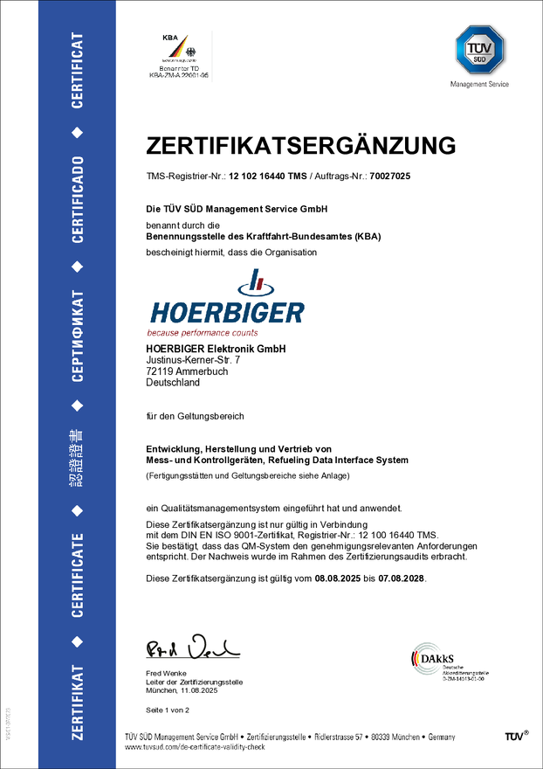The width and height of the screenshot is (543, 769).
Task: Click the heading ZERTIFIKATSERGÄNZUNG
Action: pyautogui.click(x=300, y=144)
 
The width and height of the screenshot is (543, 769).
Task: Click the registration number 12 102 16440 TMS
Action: pyautogui.click(x=267, y=177)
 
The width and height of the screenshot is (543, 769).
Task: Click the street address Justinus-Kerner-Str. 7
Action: pyautogui.click(x=193, y=360)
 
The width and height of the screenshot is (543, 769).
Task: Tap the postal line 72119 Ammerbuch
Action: pyautogui.click(x=183, y=371)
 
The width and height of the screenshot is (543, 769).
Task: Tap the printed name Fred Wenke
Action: pyautogui.click(x=165, y=673)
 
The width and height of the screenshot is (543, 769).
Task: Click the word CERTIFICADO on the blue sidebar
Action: pyautogui.click(x=78, y=200)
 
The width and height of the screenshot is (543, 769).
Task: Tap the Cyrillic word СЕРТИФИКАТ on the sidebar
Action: pyautogui.click(x=78, y=338)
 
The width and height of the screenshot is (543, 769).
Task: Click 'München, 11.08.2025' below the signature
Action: pyautogui.click(x=182, y=690)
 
